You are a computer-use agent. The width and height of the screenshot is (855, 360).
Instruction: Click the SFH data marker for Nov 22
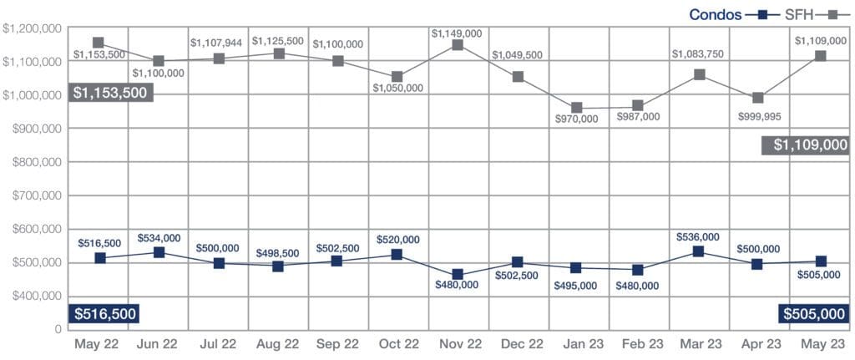pos(458,45)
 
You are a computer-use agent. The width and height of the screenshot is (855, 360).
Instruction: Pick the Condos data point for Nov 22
pos(458,274)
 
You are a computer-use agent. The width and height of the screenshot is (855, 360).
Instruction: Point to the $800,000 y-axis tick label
pos(33,162)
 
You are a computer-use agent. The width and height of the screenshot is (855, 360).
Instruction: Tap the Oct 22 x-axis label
pos(398,343)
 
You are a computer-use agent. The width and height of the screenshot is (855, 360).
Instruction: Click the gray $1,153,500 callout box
pos(111,92)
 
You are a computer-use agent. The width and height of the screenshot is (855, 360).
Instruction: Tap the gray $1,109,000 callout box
pos(806,145)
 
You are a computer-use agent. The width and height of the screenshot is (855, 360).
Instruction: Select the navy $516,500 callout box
pos(104,314)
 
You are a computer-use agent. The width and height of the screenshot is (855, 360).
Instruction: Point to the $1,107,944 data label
pos(218,42)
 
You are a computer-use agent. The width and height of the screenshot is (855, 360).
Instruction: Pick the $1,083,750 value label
pos(698,54)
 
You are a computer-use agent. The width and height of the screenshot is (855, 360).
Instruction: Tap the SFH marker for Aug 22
pos(278,53)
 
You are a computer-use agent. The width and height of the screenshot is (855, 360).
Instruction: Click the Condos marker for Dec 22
pos(519,262)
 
